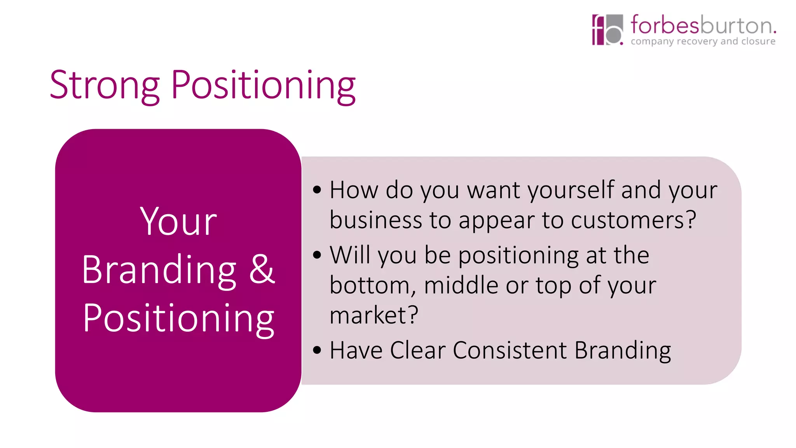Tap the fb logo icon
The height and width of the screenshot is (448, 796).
coord(607,30)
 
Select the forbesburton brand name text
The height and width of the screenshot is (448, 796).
coord(703,25)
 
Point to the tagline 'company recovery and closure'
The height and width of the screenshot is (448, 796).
coord(703,41)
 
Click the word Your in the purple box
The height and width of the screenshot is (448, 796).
coord(178,222)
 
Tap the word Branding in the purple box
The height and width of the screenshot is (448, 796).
coord(159,269)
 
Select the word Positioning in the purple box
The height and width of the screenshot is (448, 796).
coord(178,318)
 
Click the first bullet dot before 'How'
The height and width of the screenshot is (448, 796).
coord(317,190)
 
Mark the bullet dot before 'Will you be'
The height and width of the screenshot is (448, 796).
coord(317,255)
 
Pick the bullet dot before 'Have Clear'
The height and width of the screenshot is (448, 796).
coord(317,350)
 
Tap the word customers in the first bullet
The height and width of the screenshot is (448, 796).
coord(628,220)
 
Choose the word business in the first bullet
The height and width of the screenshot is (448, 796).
coord(375,220)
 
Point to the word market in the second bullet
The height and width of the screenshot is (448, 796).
coord(368,315)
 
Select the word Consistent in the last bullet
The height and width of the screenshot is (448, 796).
coord(510,350)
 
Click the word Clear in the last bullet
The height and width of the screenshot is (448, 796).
coord(417,350)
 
